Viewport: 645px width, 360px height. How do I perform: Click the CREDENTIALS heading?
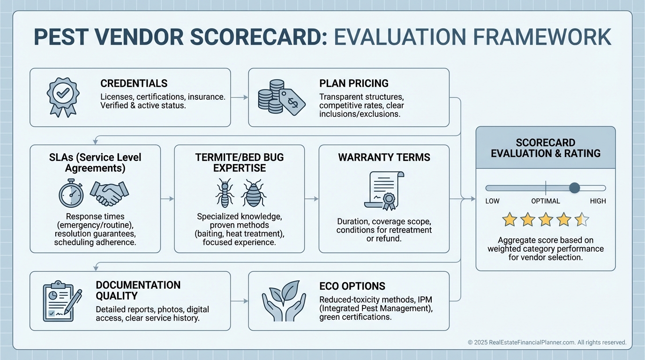tap(134, 83)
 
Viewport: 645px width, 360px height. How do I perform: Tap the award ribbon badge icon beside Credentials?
tap(63, 97)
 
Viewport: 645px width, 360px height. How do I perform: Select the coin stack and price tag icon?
tap(281, 97)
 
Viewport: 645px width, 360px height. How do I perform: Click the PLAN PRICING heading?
tap(354, 83)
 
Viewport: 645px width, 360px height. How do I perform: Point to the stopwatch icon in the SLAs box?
tap(71, 193)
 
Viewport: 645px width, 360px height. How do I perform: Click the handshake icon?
tap(109, 193)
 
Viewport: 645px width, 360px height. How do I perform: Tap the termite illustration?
tap(225, 192)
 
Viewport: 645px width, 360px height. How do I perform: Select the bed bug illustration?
tap(254, 193)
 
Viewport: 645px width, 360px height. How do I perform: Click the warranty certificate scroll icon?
tap(384, 191)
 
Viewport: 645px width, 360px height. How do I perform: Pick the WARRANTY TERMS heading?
tap(384, 157)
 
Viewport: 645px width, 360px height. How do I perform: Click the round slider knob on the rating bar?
tap(575, 188)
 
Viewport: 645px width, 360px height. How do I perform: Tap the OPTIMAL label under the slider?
tap(546, 201)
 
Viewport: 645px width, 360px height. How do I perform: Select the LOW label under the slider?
tap(492, 201)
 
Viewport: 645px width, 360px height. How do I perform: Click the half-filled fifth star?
tap(582, 219)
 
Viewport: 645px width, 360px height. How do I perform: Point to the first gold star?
tap(510, 219)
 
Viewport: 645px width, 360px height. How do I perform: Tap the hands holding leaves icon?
tap(284, 301)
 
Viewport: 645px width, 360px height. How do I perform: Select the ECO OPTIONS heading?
tap(352, 286)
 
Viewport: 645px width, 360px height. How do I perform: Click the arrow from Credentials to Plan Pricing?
tap(239, 97)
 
